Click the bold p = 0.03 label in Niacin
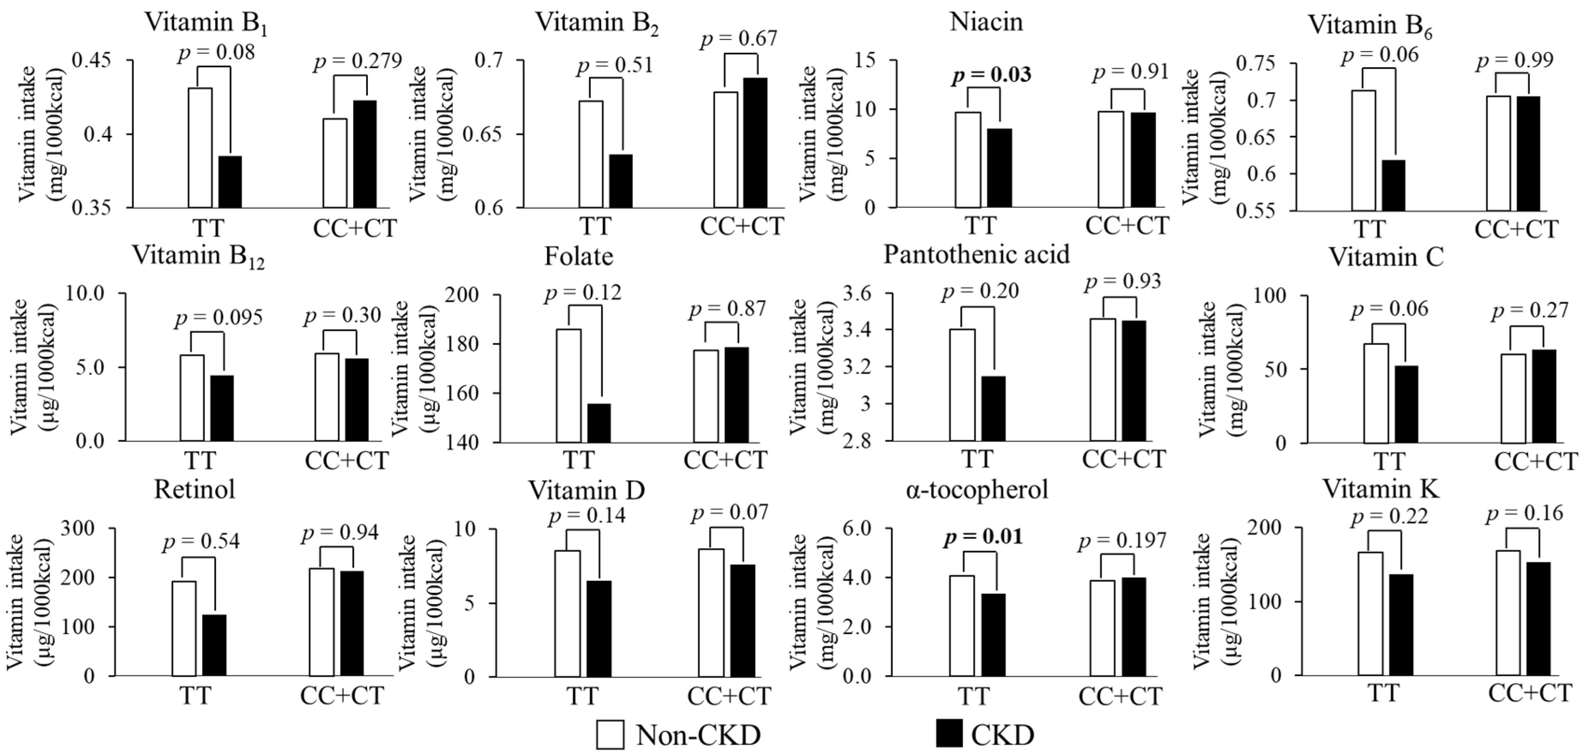[991, 75]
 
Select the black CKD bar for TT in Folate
[599, 423]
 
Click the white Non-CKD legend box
[610, 734]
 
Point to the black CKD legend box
[950, 734]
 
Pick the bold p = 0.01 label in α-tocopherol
[983, 537]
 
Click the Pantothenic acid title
[976, 254]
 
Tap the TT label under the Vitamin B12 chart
[199, 460]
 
